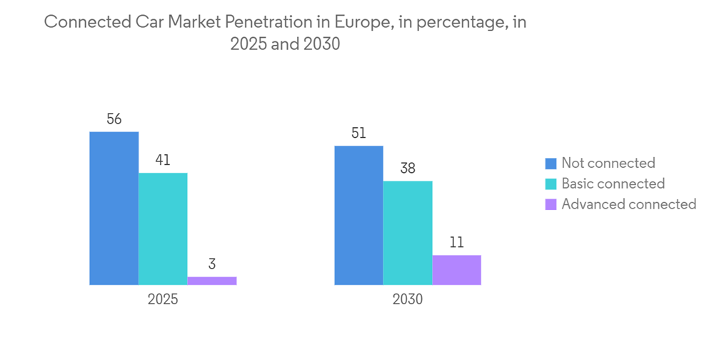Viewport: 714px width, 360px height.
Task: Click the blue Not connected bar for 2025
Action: click(114, 208)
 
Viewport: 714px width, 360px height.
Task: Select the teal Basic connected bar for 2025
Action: click(163, 229)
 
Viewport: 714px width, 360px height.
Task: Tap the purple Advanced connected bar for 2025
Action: click(212, 281)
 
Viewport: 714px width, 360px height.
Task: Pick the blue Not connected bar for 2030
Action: click(358, 215)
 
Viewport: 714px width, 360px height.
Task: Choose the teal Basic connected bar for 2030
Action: click(408, 233)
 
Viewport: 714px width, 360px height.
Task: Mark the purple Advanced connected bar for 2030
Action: click(457, 270)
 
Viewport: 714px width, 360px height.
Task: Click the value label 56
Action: click(114, 119)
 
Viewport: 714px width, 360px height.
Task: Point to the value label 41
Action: click(163, 161)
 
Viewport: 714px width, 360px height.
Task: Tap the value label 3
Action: click(212, 264)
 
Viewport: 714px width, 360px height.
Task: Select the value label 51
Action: click(358, 134)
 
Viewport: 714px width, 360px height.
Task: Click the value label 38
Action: click(408, 169)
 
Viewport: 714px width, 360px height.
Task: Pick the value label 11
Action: click(457, 243)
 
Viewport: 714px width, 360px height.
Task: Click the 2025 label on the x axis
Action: click(163, 299)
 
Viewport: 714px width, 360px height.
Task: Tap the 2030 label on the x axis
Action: click(408, 299)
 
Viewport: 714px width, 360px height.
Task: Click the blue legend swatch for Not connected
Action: click(550, 164)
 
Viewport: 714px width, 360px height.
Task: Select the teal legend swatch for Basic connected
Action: click(550, 184)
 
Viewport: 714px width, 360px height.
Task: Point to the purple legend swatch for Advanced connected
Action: click(550, 204)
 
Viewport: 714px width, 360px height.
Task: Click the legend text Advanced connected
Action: click(628, 204)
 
